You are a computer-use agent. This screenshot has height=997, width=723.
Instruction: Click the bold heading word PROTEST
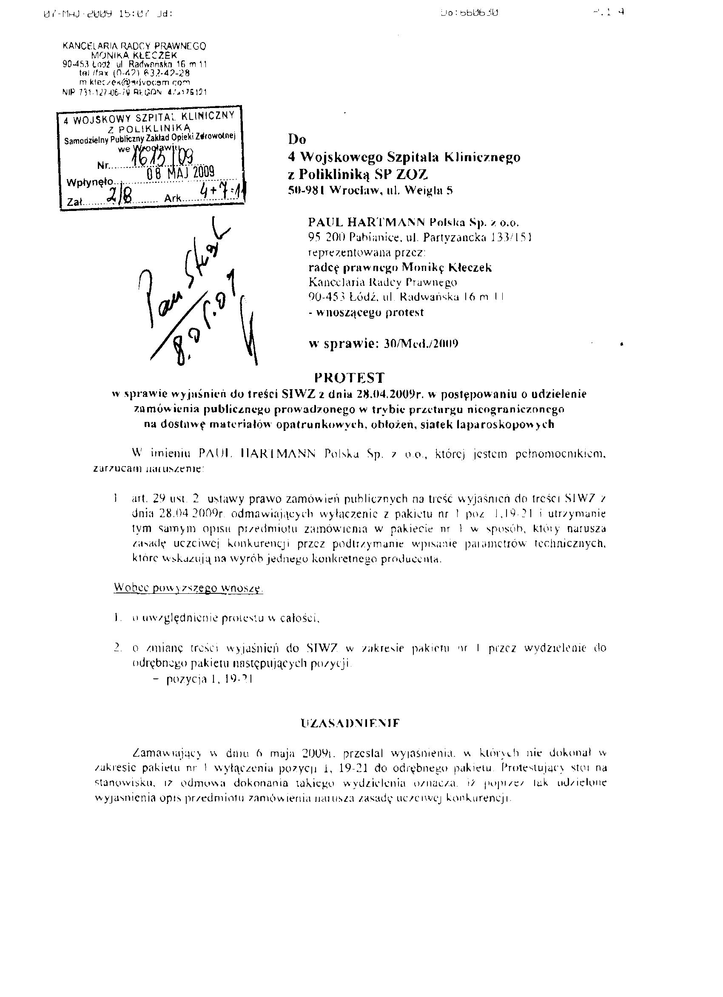tap(349, 378)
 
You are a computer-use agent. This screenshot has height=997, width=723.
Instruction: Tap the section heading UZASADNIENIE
tap(350, 723)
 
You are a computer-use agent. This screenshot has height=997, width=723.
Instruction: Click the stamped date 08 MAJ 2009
tap(181, 172)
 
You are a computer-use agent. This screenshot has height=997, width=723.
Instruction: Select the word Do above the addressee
tap(297, 140)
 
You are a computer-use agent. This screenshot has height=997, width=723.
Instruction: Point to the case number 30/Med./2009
tap(421, 344)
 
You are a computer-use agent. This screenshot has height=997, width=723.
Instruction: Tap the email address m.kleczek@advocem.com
tap(134, 82)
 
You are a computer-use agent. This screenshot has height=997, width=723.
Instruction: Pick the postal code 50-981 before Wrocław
tap(306, 191)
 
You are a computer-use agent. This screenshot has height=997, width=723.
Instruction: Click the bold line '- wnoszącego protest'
tap(367, 313)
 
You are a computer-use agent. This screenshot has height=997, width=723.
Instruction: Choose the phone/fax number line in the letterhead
tap(134, 73)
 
